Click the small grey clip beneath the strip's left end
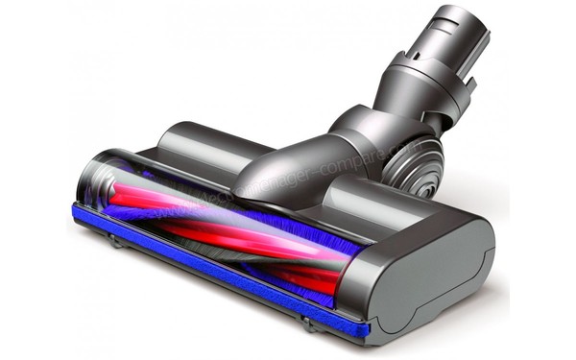(116, 241)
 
